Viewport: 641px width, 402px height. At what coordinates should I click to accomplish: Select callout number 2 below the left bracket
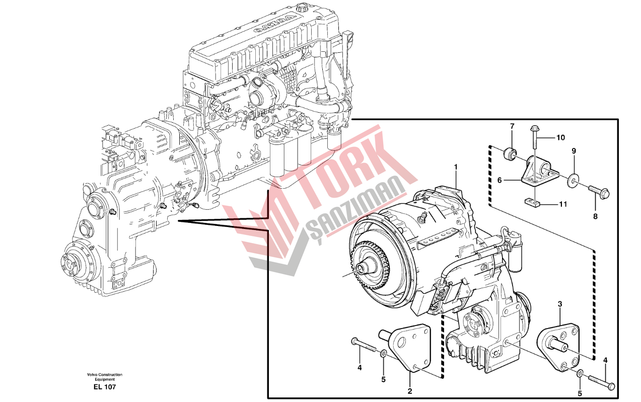(410, 390)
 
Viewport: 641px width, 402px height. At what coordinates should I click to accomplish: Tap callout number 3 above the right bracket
(560, 304)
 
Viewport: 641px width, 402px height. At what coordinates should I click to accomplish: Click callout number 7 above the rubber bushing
(512, 126)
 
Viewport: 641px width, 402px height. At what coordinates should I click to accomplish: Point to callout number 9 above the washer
(573, 150)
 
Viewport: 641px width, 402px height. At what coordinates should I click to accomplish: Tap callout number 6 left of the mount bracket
(500, 180)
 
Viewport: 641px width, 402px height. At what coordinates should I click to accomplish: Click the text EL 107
(104, 387)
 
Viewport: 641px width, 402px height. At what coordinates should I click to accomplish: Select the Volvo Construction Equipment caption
(104, 377)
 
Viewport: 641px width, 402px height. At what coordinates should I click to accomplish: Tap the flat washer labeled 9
(574, 180)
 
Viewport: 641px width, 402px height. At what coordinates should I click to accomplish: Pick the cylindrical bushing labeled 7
(511, 151)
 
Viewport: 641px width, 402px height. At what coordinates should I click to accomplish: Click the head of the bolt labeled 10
(534, 129)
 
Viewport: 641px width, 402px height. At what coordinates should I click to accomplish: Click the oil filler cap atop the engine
(303, 8)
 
